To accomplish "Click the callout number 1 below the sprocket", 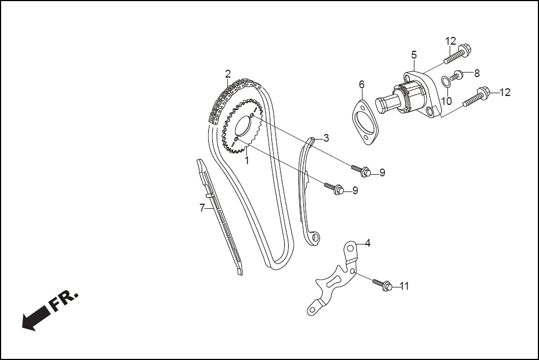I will (246, 160).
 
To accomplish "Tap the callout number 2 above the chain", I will (228, 74).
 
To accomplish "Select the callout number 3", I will (326, 138).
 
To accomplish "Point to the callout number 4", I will (368, 243).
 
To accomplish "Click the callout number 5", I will (414, 55).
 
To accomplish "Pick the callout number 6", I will (361, 84).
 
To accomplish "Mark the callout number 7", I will (202, 208).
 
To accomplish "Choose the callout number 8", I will (476, 73).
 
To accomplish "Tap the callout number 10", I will (447, 101).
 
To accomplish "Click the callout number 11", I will (404, 286).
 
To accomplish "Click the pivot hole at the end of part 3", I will (316, 238).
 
